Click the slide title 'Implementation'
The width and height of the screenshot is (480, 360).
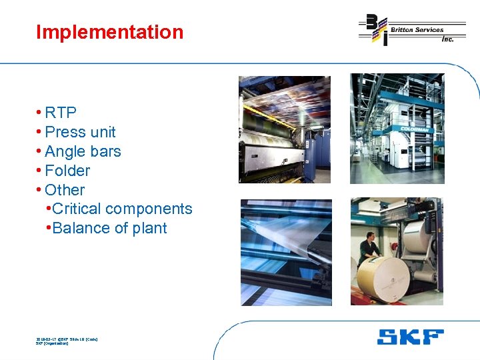(109, 32)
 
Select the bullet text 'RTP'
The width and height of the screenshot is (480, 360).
(61, 113)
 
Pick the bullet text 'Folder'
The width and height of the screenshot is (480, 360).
(67, 171)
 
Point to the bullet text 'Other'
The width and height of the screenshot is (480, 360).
(65, 190)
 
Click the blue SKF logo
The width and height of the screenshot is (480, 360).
(410, 337)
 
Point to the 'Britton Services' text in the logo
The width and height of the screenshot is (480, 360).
(417, 30)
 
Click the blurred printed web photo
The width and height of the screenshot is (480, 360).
(285, 252)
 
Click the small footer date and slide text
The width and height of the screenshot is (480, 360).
(67, 341)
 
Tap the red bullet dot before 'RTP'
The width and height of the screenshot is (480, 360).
(40, 113)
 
